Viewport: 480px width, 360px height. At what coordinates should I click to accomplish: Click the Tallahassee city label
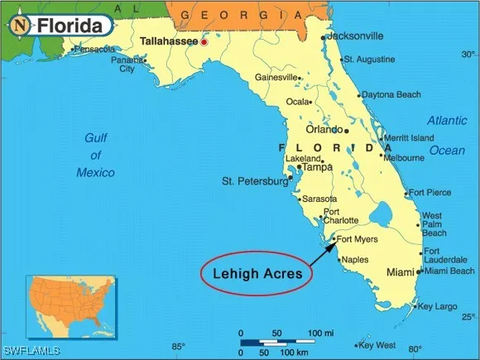[x=169, y=41]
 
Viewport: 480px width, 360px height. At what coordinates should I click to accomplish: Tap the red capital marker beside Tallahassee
[x=204, y=41]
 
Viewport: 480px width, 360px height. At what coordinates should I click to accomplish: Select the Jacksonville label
[x=355, y=36]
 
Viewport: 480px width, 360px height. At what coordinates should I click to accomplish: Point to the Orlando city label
[x=324, y=130]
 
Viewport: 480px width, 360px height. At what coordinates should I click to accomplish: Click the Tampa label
[x=317, y=167]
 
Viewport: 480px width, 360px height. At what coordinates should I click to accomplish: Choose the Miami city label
[x=401, y=272]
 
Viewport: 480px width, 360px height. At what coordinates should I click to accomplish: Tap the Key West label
[x=378, y=345]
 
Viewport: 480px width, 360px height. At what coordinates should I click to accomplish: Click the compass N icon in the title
[x=20, y=26]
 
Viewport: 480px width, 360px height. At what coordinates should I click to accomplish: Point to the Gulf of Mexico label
[x=96, y=155]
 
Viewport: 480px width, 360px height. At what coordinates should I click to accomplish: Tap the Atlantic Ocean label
[x=447, y=135]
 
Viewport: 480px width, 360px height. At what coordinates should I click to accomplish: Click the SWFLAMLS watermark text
[x=31, y=351]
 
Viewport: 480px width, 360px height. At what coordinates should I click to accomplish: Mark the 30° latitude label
[x=468, y=55]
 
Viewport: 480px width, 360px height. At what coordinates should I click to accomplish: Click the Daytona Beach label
[x=391, y=94]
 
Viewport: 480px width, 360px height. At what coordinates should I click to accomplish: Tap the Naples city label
[x=354, y=259]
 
